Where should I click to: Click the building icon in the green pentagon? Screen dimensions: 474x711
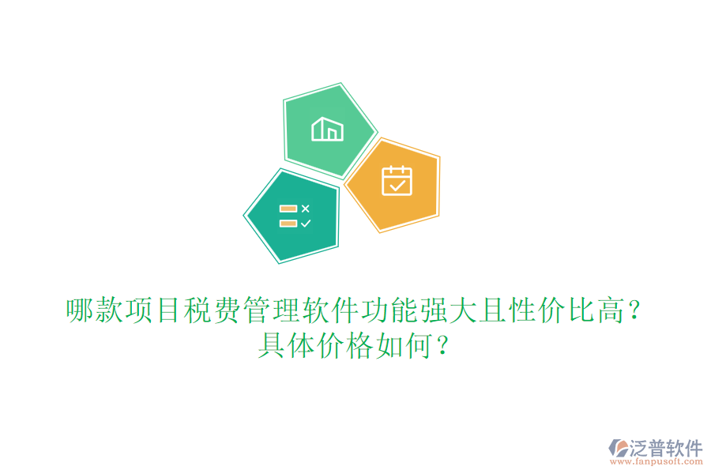pos(327,129)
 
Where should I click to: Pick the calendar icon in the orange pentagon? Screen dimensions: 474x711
pos(397,180)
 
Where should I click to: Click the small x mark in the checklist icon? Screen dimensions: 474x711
pos(306,209)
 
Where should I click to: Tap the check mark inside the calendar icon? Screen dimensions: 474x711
pos(397,186)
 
